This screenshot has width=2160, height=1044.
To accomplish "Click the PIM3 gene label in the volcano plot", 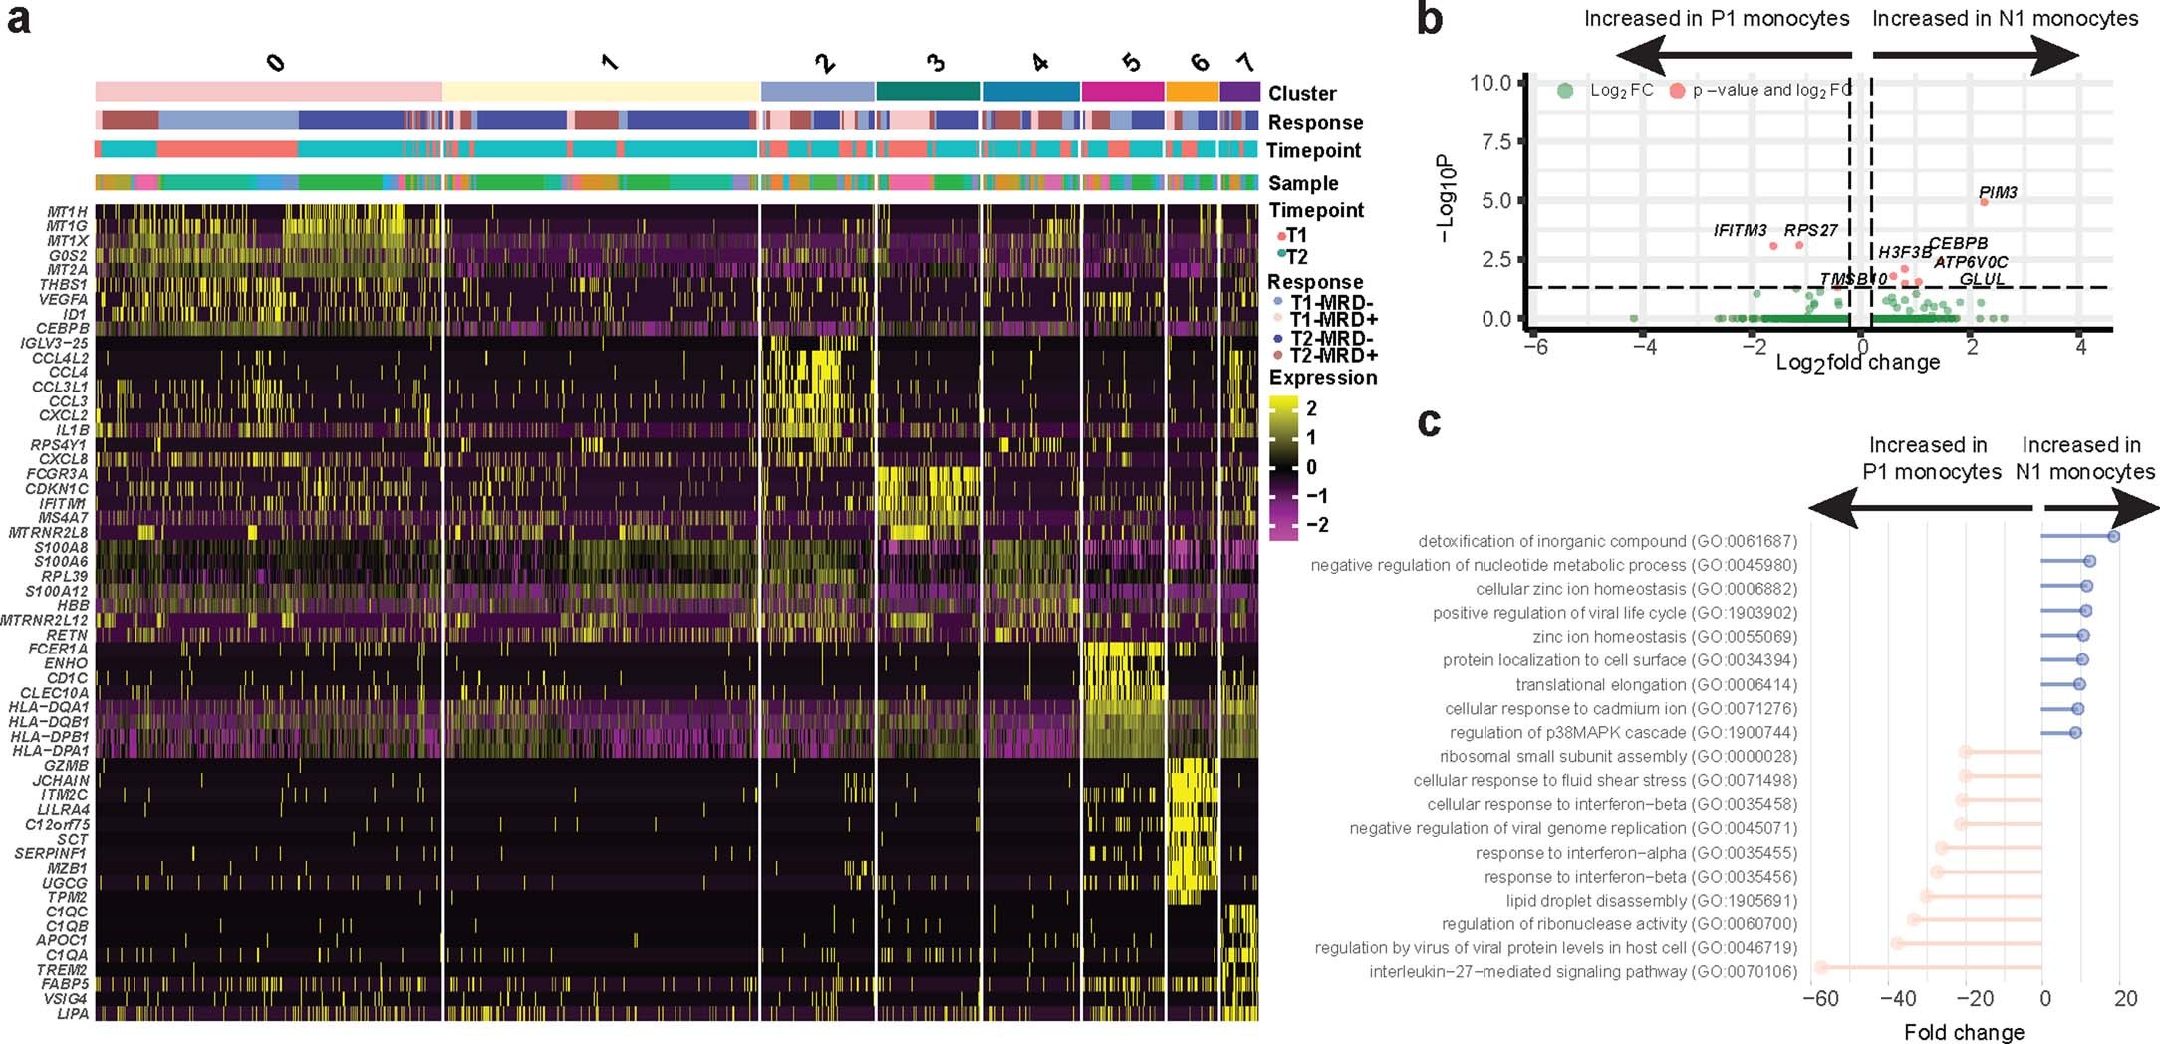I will click(x=1997, y=192).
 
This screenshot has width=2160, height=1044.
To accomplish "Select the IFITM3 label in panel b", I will click(x=1740, y=230).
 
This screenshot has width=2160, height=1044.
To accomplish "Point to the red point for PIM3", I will click(x=1984, y=202).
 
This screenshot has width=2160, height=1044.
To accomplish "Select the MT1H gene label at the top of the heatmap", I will click(x=67, y=212).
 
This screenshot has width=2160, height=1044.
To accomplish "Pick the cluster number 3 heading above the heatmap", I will click(x=935, y=63).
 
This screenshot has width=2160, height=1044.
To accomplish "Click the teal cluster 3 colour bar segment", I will click(x=929, y=92).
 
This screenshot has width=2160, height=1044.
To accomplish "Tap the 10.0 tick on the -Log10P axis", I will click(x=1490, y=82).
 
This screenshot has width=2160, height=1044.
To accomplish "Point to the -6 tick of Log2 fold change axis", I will click(x=1537, y=348).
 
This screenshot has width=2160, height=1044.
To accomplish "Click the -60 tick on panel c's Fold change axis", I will click(x=1820, y=999).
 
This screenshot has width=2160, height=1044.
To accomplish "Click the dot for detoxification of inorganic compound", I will click(x=2113, y=537).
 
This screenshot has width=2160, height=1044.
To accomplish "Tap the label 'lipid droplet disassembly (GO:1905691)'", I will click(x=1651, y=900).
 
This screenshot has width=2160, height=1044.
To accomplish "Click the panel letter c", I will click(x=1429, y=421).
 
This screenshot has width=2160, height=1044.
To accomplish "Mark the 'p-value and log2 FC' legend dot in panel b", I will click(x=1677, y=91).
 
